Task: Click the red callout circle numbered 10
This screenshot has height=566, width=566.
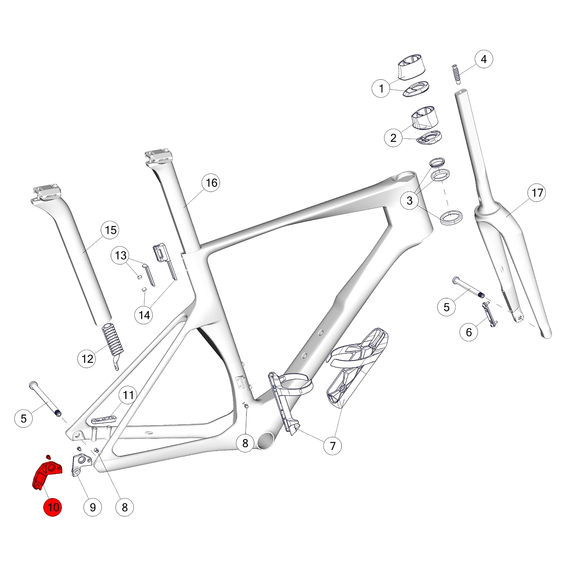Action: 53,507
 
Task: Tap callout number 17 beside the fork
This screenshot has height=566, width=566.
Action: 537,193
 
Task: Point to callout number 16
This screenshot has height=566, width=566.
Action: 211,183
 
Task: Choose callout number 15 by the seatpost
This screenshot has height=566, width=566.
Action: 110,230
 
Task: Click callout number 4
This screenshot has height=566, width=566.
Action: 484,59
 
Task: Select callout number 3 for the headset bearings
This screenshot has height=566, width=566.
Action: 410,200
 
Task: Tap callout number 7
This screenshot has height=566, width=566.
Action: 333,446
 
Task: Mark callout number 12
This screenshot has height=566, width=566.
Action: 87,359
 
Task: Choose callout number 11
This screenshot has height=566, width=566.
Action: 128,395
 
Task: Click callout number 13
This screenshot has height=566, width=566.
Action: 120,256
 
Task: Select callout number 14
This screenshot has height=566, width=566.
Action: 144,315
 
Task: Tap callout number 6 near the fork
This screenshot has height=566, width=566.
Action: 469,332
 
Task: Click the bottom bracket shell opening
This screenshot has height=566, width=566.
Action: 265,441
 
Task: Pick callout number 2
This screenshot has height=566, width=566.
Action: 393,138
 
